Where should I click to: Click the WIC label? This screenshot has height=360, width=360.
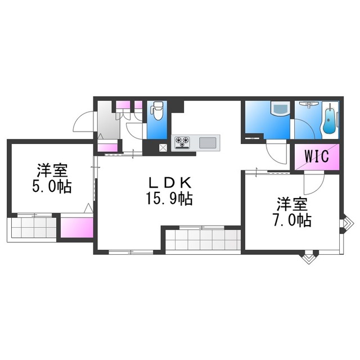coord(317,156)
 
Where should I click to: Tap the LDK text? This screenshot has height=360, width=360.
coord(170,183)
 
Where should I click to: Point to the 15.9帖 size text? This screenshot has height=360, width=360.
coord(169,199)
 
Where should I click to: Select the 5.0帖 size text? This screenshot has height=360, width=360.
coord(52,186)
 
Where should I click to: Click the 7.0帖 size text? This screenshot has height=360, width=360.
coord(292,220)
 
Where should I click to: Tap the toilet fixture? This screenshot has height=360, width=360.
coord(157,111)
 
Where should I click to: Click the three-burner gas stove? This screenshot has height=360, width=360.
coord(182,143)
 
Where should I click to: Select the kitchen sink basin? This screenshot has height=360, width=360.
coord(208,143)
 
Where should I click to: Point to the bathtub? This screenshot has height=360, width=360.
coord(330,120)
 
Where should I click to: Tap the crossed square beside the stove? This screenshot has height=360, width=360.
coord(163,147)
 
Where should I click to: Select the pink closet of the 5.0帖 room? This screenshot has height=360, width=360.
coord(77,227)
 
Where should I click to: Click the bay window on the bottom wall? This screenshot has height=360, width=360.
coord(309,258)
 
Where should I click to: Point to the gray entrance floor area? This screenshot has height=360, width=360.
coord(108,120)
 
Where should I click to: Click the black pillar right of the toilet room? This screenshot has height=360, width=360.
coord(177,106)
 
